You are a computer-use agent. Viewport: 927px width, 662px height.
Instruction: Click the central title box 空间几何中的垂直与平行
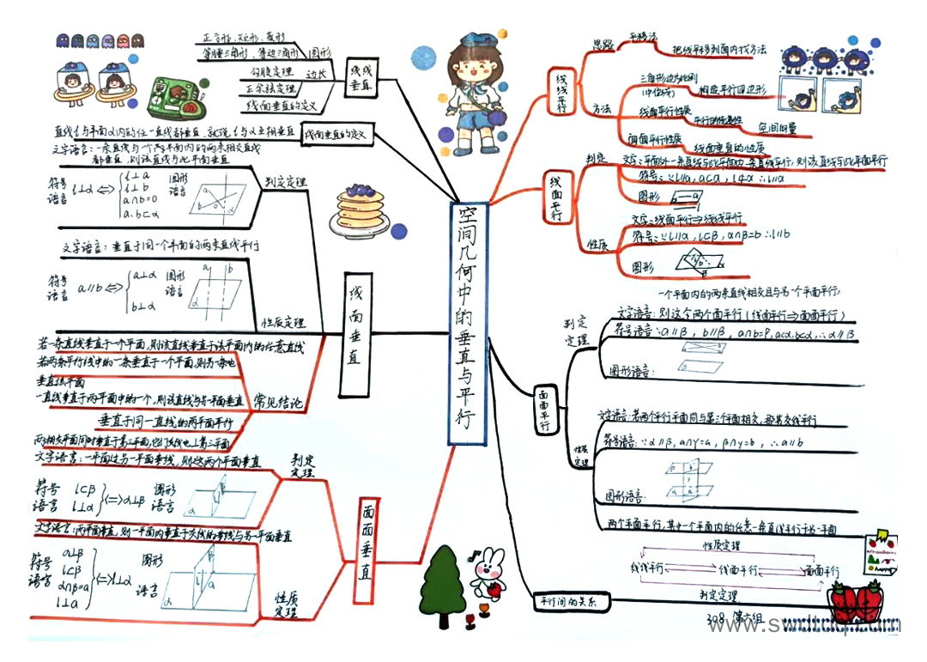point(469,325)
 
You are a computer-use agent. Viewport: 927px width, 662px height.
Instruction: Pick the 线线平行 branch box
point(562,90)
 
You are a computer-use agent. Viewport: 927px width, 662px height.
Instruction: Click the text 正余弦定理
point(271,89)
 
